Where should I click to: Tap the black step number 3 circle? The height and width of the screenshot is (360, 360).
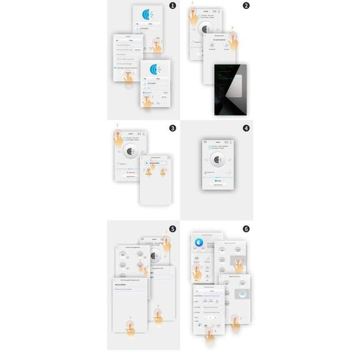(173, 128)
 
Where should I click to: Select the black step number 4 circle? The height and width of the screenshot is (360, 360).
(246, 128)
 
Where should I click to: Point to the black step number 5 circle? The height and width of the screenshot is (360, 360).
(173, 229)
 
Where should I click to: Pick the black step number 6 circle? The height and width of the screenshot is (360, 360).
(246, 229)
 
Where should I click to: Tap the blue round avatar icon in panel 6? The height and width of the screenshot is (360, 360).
(199, 241)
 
